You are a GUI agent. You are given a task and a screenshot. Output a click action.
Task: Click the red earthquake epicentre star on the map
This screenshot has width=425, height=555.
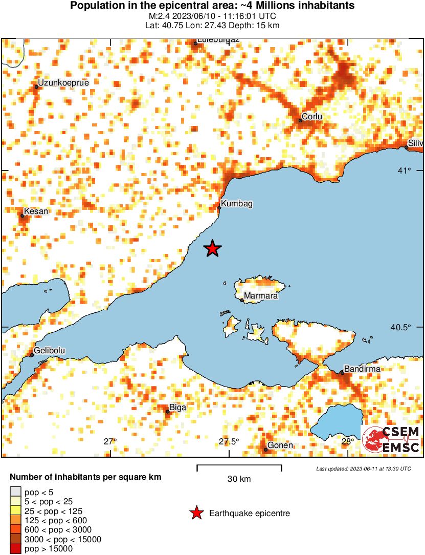point(212,248)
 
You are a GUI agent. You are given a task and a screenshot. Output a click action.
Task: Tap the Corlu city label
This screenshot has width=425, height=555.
point(311,117)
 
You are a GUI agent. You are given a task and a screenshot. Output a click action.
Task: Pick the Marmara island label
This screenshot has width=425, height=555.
point(261,296)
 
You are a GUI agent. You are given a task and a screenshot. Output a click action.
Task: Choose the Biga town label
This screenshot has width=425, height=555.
point(177,408)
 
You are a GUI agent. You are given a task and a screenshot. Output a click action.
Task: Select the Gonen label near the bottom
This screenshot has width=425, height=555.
point(280,445)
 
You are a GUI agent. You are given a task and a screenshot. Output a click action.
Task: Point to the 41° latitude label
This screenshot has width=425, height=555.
point(404,170)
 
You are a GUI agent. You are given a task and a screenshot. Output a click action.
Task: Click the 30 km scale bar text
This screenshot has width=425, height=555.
point(239,479)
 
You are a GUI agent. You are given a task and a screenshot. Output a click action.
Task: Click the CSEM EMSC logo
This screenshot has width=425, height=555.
point(391,439)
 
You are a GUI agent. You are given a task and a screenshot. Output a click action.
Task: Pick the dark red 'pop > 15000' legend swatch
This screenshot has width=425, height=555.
point(16,549)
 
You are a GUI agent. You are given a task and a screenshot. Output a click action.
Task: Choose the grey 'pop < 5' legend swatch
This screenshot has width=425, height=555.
point(16,493)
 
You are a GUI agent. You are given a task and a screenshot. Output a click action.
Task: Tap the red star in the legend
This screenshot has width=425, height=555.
point(196,513)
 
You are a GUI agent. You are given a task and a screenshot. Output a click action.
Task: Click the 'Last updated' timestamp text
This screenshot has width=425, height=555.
point(363,468)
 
